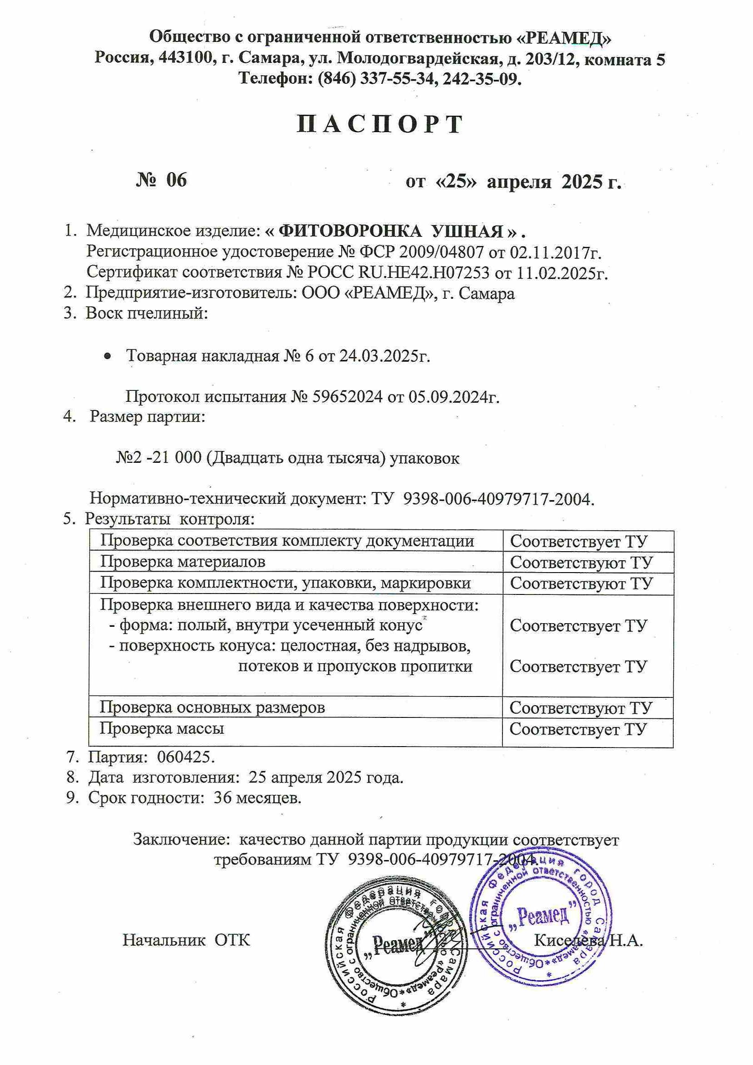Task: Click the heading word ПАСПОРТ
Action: (380, 124)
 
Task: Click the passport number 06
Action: (176, 180)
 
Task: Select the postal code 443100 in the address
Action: (188, 59)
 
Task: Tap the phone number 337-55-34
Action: (399, 79)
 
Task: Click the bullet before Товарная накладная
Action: (107, 356)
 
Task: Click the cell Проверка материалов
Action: (183, 562)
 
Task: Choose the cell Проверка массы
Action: (162, 728)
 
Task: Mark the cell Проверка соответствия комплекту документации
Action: (287, 541)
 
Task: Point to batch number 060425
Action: (186, 758)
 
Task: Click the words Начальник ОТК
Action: (186, 940)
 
